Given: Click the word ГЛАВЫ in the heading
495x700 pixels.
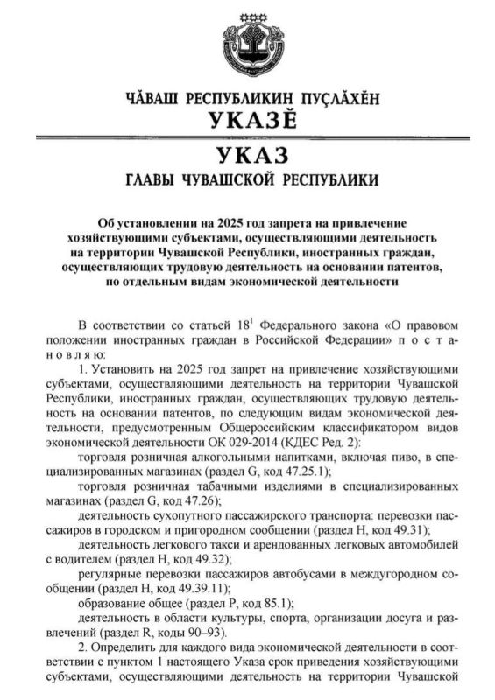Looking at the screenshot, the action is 159,182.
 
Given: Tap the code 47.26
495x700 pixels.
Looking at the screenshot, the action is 190,500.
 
